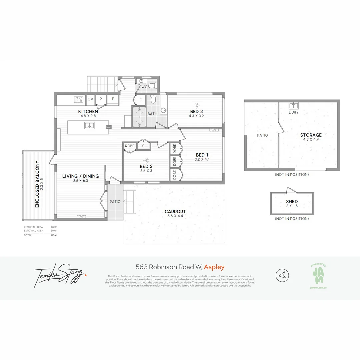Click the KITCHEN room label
[88, 111]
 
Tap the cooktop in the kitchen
[79, 99]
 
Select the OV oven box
[90, 99]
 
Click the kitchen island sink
[89, 126]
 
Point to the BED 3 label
[196, 111]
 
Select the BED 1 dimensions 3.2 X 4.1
[202, 159]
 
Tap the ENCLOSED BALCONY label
[37, 184]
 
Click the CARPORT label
[175, 212]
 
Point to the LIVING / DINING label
[80, 176]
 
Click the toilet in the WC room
[152, 86]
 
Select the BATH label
[152, 114]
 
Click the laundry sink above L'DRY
[293, 106]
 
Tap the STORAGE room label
[311, 135]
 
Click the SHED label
[292, 202]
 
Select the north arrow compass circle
[282, 275]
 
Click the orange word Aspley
[214, 267]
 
